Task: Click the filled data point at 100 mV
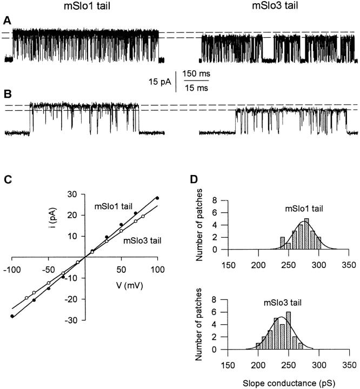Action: tap(157, 198)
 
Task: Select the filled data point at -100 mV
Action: tap(12, 316)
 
